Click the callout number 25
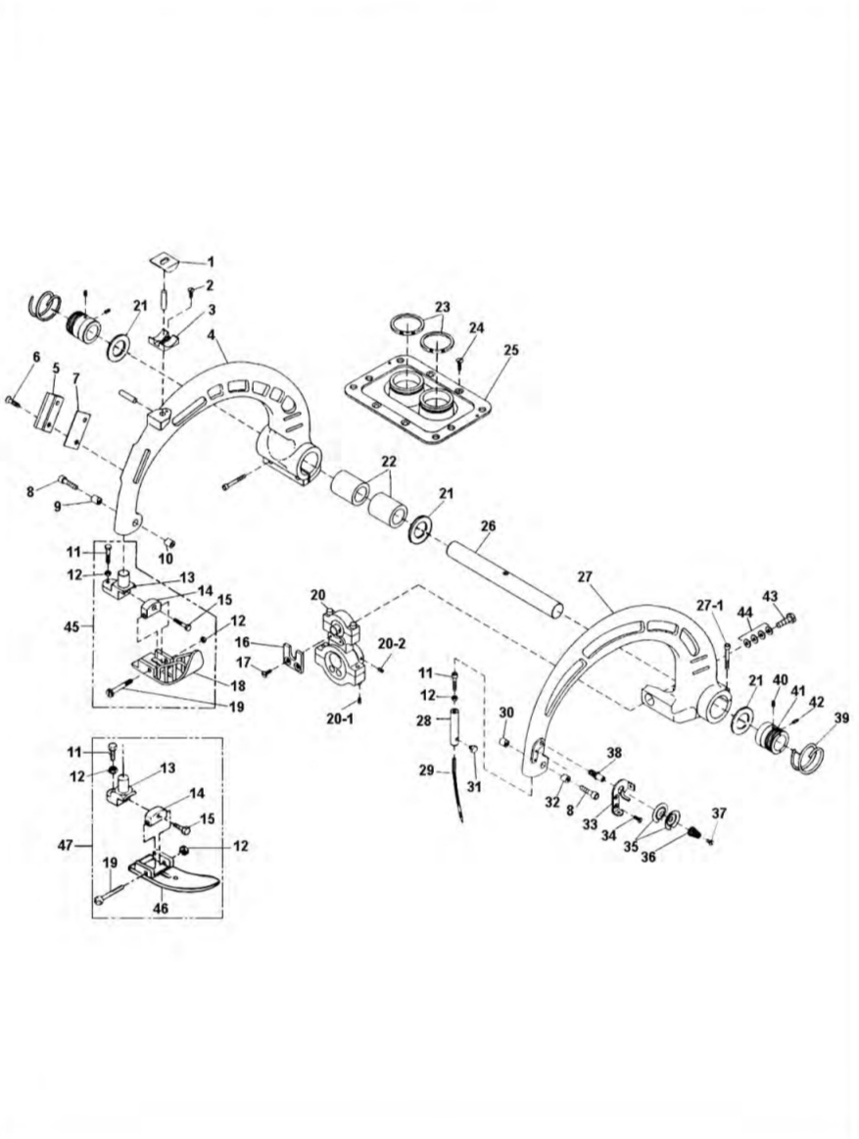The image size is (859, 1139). pyautogui.click(x=511, y=350)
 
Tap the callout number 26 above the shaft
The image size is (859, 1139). pyautogui.click(x=488, y=525)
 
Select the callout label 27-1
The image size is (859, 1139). pyautogui.click(x=710, y=605)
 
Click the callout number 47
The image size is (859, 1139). pyautogui.click(x=66, y=845)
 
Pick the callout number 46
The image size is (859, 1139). pyautogui.click(x=161, y=908)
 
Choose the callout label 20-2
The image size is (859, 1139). pyautogui.click(x=393, y=643)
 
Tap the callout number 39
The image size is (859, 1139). pyautogui.click(x=841, y=718)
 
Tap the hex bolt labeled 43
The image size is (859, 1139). pyautogui.click(x=787, y=620)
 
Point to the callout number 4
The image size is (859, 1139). pyautogui.click(x=211, y=335)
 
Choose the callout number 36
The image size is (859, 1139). pyautogui.click(x=648, y=857)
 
